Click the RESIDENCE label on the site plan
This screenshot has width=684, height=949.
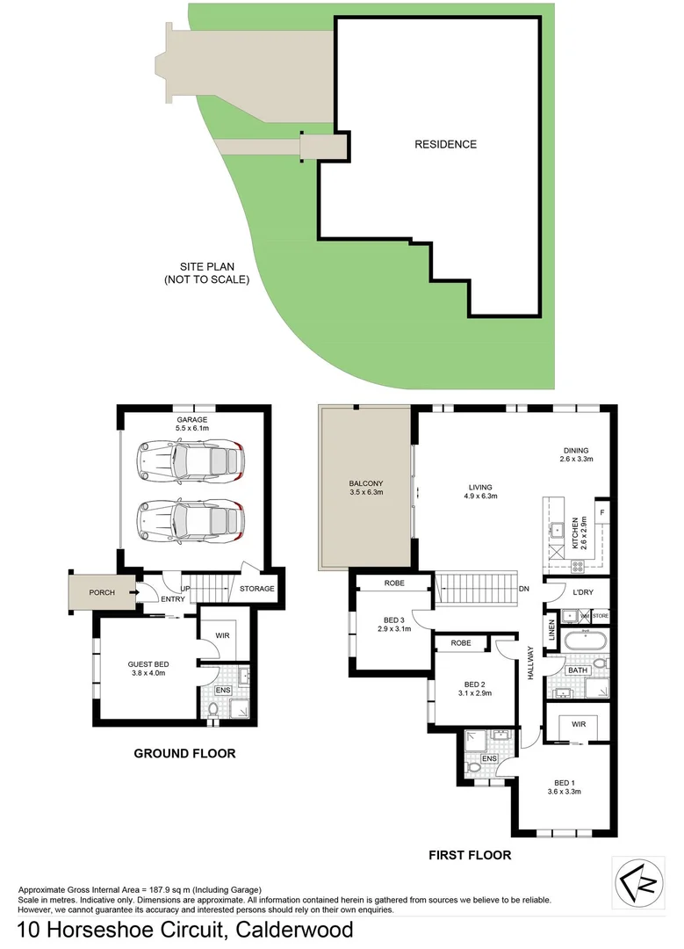pyautogui.click(x=445, y=144)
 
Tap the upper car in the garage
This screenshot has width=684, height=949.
pyautogui.click(x=191, y=459)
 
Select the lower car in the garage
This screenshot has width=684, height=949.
pyautogui.click(x=191, y=519)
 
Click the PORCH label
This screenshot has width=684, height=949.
pyautogui.click(x=102, y=592)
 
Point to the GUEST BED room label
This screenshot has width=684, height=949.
pyautogui.click(x=148, y=663)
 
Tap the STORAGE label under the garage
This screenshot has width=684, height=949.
pyautogui.click(x=257, y=589)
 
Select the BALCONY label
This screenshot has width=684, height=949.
pyautogui.click(x=365, y=483)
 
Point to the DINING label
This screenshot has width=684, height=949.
pyautogui.click(x=577, y=449)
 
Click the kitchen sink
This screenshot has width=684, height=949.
pyautogui.click(x=557, y=529)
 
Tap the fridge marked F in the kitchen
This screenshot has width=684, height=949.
pyautogui.click(x=601, y=511)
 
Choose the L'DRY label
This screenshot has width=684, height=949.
pyautogui.click(x=583, y=592)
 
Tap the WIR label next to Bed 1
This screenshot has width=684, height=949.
pyautogui.click(x=578, y=725)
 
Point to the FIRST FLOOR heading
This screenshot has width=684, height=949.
pyautogui.click(x=469, y=854)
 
